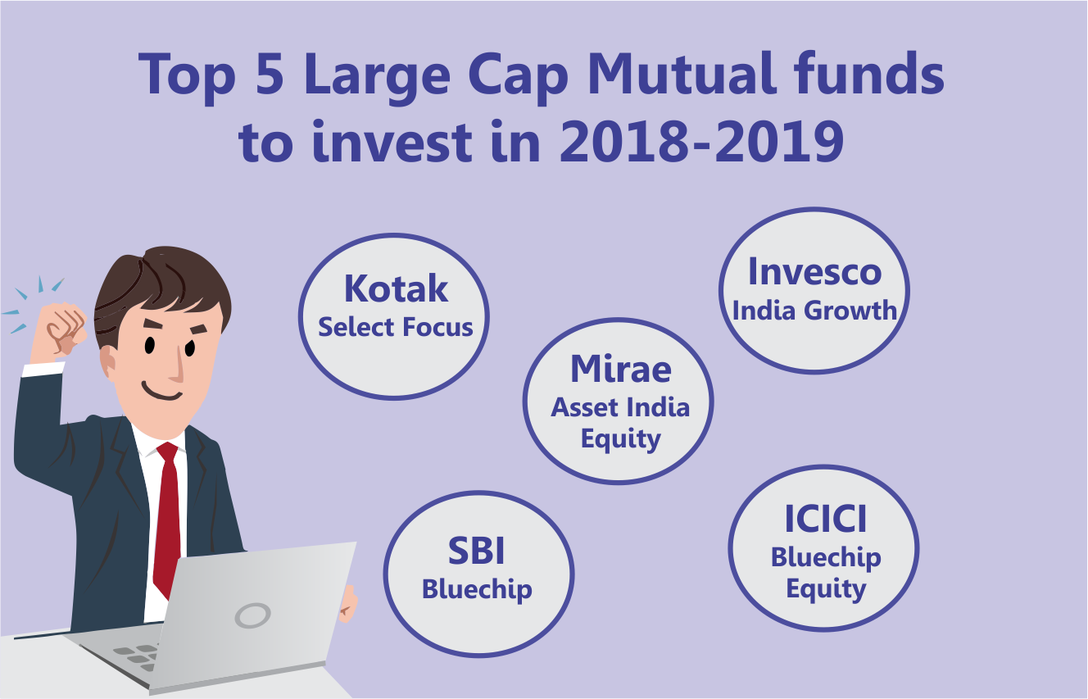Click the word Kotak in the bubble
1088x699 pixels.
pos(396,289)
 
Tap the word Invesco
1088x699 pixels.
pos(814,272)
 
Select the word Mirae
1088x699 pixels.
pos(620,369)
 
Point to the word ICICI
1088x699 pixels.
pos(825,520)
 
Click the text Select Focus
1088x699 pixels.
pos(396,327)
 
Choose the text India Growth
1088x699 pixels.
pos(814,311)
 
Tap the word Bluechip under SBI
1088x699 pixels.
pos(477,589)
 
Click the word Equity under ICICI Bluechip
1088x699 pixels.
pos(825,590)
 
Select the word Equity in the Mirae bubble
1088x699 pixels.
pos(620,439)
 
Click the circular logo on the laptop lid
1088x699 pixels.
pos(252,615)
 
